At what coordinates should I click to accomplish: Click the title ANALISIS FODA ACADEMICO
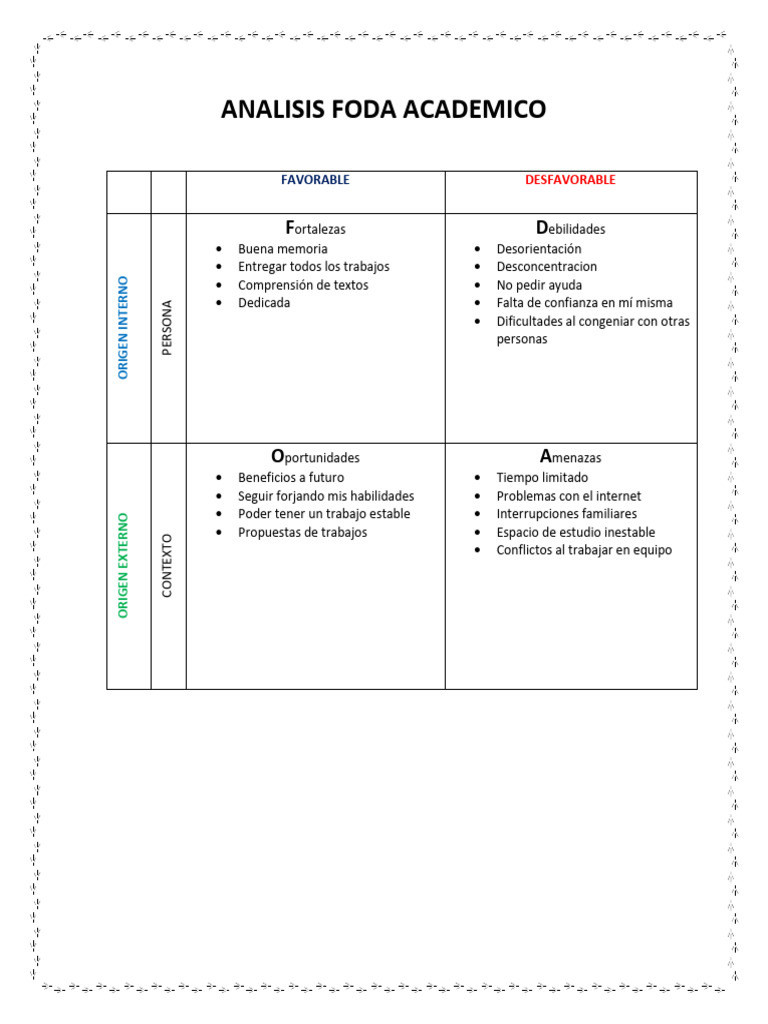tap(383, 109)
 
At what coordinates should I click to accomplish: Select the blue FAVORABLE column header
tap(315, 180)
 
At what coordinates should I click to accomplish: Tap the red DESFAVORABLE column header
tap(570, 180)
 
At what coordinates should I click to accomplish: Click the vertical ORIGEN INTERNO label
tap(124, 327)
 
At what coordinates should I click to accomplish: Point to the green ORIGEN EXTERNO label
tap(124, 565)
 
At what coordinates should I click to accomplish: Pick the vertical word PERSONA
tap(167, 327)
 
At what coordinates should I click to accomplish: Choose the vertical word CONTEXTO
tap(167, 565)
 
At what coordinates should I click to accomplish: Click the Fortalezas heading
tap(315, 228)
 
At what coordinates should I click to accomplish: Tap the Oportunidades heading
tap(315, 457)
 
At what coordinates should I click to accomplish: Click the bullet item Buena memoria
tap(282, 249)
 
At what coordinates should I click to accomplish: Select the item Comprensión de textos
tap(303, 285)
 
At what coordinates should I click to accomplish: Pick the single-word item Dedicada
tap(264, 303)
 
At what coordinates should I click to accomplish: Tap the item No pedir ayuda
tap(539, 285)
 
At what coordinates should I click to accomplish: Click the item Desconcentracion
tap(546, 267)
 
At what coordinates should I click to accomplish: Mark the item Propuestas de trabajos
tap(302, 532)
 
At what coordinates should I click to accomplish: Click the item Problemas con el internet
tap(569, 496)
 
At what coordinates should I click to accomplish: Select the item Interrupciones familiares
tap(566, 514)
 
